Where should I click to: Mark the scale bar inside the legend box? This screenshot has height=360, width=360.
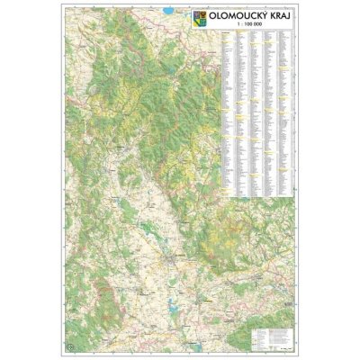[x=270, y=347]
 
